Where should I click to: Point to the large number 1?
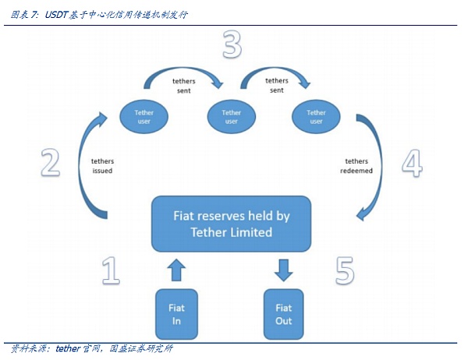pyautogui.click(x=111, y=270)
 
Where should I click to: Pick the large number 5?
pyautogui.click(x=345, y=270)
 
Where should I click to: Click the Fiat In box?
pyautogui.click(x=176, y=313)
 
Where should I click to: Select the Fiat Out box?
pyautogui.click(x=283, y=313)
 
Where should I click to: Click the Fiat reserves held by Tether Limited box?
pyautogui.click(x=231, y=224)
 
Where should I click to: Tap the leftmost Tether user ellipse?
pyautogui.click(x=144, y=117)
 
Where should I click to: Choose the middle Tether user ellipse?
pyautogui.click(x=232, y=117)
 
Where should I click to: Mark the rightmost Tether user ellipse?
pyautogui.click(x=316, y=117)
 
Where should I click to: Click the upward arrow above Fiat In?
pyautogui.click(x=176, y=270)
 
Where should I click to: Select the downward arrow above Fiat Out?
pyautogui.click(x=283, y=270)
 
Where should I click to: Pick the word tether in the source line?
pyautogui.click(x=70, y=348)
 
